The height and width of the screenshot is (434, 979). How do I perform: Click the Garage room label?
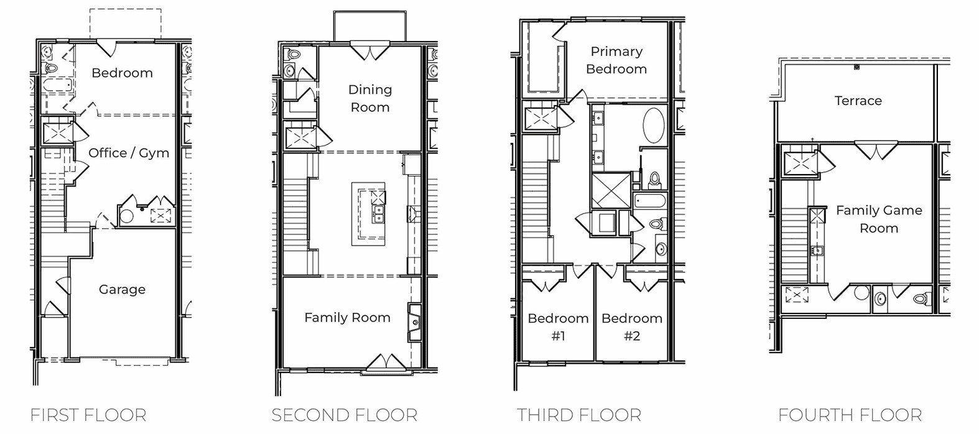click(122, 289)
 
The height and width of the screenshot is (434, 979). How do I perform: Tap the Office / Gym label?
click(128, 153)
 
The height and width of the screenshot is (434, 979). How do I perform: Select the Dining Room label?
click(369, 98)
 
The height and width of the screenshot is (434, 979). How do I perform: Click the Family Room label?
click(347, 318)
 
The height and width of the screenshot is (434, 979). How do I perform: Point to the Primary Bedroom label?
click(616, 60)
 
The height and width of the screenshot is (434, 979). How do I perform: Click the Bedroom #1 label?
click(558, 327)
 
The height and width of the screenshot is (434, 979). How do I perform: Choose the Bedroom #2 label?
click(631, 327)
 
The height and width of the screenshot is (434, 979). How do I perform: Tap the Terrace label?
click(858, 101)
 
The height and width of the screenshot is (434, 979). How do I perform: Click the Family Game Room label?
click(878, 219)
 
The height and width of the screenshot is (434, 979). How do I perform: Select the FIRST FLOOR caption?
click(88, 415)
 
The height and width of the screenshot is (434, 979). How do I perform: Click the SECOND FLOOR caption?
click(344, 415)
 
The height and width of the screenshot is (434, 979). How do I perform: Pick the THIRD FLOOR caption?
click(578, 415)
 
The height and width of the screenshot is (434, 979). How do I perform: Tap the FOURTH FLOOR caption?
click(850, 415)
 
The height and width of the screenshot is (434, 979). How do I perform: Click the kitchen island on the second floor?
click(368, 213)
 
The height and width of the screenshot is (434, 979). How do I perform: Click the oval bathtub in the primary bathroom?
click(652, 125)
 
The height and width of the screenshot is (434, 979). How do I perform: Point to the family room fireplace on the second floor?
click(414, 322)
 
